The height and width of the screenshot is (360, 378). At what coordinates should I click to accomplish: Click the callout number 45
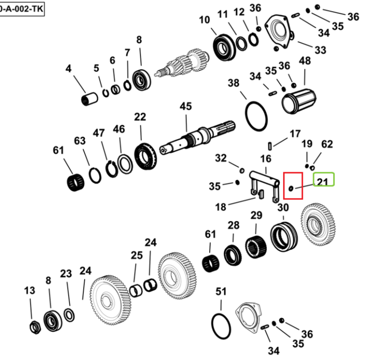click(x=185, y=106)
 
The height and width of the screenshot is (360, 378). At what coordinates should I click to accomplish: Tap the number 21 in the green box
click(x=323, y=182)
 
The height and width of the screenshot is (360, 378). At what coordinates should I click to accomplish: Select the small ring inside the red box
click(x=291, y=188)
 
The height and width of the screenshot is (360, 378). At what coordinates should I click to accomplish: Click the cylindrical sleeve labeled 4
click(x=89, y=99)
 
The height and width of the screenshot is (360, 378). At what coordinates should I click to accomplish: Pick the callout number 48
click(x=305, y=61)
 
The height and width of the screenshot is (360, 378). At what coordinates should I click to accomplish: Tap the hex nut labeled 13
click(x=35, y=327)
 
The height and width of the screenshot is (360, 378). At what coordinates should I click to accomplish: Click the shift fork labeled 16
click(x=264, y=185)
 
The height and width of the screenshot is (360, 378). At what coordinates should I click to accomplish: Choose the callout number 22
click(x=140, y=117)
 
